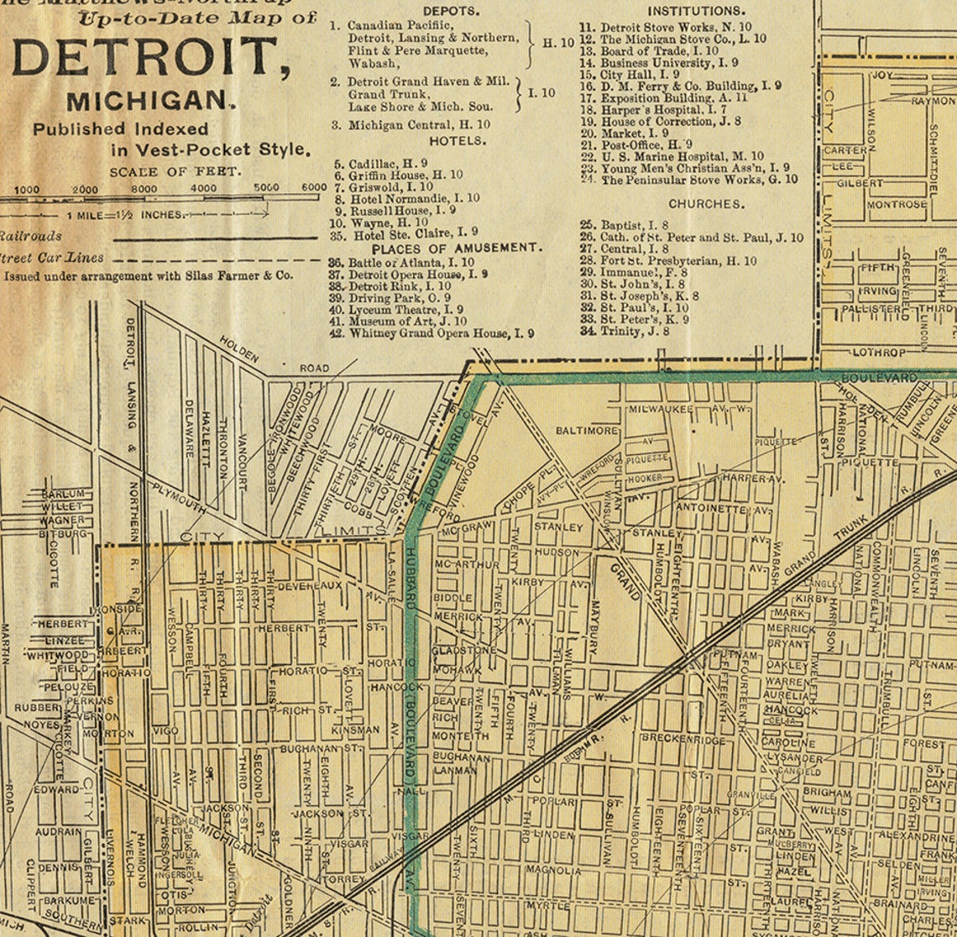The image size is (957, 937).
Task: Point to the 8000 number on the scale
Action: coord(144,189)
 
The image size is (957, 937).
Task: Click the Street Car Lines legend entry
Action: coord(52,258)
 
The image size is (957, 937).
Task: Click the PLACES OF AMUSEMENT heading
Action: coord(457,249)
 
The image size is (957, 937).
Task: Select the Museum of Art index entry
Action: coord(409,322)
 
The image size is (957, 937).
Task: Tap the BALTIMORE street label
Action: coord(587,431)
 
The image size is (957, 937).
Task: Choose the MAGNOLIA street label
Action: coord(552,871)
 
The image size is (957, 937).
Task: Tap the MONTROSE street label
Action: coord(897,204)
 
